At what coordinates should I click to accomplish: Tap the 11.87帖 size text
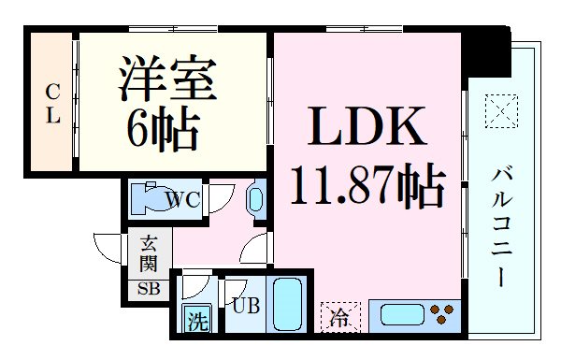[x=367, y=188]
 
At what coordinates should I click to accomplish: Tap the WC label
[x=184, y=198]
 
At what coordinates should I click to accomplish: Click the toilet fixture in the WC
[x=148, y=198]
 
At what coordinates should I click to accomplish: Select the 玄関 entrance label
[x=149, y=254]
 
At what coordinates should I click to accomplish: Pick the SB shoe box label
[x=149, y=288]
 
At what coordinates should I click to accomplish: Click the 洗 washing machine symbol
[x=196, y=320]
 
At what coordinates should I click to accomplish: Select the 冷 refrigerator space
[x=339, y=317]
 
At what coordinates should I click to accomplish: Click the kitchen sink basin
[x=397, y=313]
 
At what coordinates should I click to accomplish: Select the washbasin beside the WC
[x=255, y=198]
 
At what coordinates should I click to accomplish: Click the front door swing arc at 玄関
[x=108, y=249]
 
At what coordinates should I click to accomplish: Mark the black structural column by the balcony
[x=485, y=52]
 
